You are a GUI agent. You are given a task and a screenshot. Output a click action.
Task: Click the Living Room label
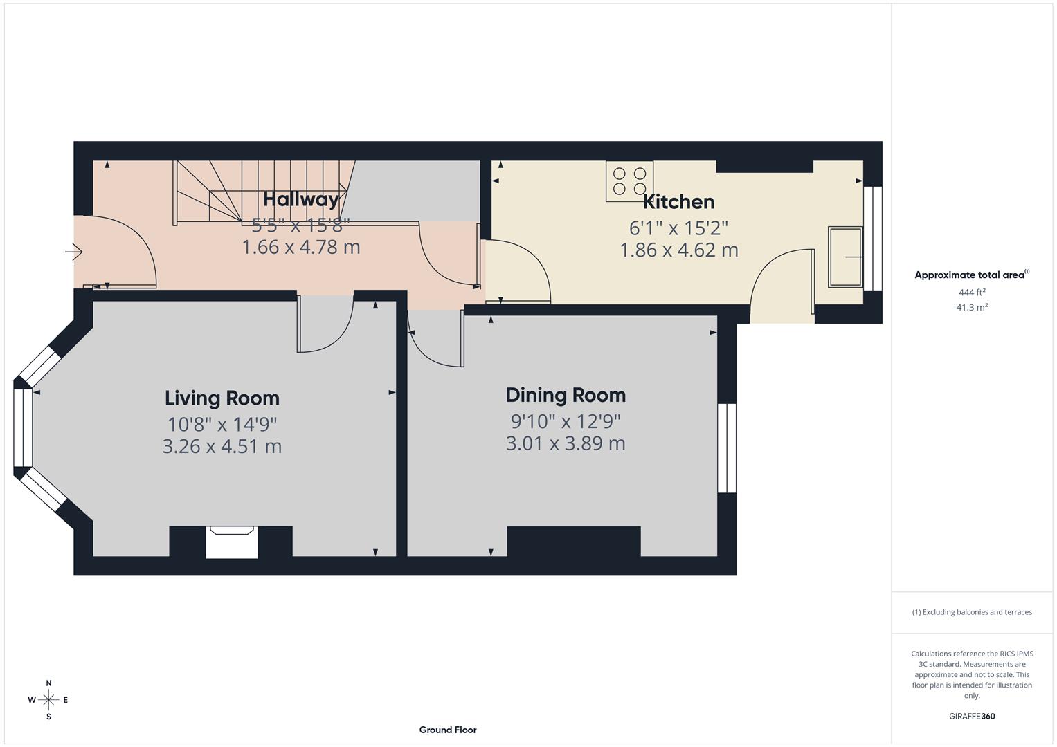pyautogui.click(x=222, y=398)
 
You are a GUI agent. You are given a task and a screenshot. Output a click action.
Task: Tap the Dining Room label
pyautogui.click(x=566, y=395)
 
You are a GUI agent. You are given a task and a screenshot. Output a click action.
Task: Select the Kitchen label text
pyautogui.click(x=678, y=202)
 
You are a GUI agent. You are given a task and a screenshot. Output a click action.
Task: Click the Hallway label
pyautogui.click(x=301, y=199)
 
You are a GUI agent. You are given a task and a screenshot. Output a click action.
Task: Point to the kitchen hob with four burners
pyautogui.click(x=629, y=181)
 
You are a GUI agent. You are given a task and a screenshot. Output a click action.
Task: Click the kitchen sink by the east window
pyautogui.click(x=845, y=257)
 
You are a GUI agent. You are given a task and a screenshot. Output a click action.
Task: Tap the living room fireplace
pyautogui.click(x=232, y=542)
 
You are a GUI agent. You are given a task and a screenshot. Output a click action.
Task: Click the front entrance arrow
pyautogui.click(x=73, y=252)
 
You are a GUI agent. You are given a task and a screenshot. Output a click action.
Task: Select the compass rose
pyautogui.click(x=48, y=700)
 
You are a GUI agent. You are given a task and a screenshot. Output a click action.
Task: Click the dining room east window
pyautogui.click(x=727, y=448)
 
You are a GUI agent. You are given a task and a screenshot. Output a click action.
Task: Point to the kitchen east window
pyautogui.click(x=876, y=238)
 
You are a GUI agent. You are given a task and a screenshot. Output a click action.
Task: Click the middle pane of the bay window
pyautogui.click(x=22, y=428)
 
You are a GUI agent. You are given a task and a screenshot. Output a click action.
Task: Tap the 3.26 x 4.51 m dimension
pyautogui.click(x=222, y=446)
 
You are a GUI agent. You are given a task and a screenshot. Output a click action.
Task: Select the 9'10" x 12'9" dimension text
pyautogui.click(x=566, y=421)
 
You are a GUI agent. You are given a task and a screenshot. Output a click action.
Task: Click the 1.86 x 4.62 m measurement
pyautogui.click(x=678, y=250)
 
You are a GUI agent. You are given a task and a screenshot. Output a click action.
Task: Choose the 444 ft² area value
pyautogui.click(x=971, y=293)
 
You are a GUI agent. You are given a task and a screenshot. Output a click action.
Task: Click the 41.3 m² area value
pyautogui.click(x=971, y=308)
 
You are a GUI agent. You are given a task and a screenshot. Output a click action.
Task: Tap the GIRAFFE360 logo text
pyautogui.click(x=971, y=716)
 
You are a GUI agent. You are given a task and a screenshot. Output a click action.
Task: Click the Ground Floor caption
pyautogui.click(x=448, y=730)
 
